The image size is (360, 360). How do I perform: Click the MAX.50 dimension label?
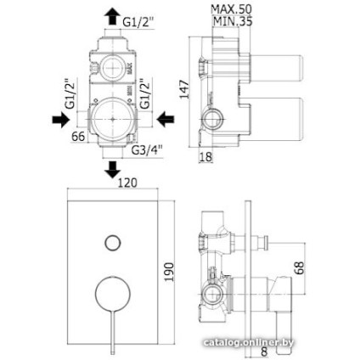[x=231, y=9]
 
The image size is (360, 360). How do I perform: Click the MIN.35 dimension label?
[x=233, y=21]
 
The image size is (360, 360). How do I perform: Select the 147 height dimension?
[x=184, y=89]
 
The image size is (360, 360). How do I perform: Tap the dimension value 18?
[x=205, y=156]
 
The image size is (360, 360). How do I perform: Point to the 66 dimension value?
[x=78, y=137]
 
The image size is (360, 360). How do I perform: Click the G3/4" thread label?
[x=147, y=149]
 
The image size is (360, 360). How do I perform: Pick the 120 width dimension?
[x=127, y=183]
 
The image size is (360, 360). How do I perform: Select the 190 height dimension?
[x=169, y=272]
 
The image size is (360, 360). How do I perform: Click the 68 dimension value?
[x=299, y=267]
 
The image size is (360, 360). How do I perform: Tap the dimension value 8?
[x=264, y=352]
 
